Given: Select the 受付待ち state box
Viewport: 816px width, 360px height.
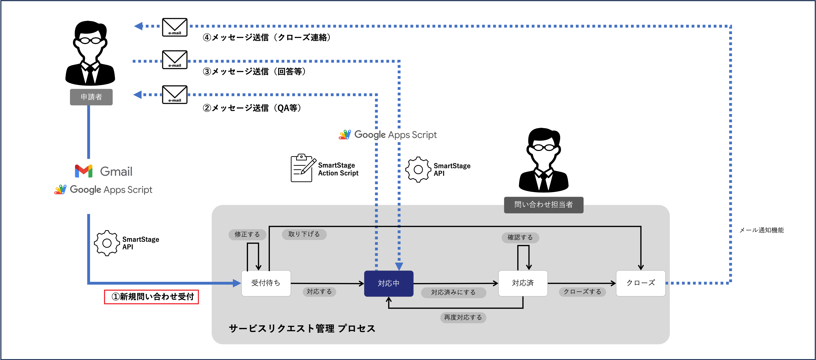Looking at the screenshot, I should pos(266,283).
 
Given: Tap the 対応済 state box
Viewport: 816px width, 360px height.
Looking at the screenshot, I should pos(523,283).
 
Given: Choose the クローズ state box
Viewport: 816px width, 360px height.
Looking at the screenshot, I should pos(641,283).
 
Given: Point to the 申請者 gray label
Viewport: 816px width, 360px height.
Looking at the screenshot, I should pos(91,97).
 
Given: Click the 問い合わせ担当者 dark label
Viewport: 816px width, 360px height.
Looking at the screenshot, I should pos(543,204).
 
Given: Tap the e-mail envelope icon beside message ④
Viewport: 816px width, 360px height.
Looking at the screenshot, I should pos(175,27).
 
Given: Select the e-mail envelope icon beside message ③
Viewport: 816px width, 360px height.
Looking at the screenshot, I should pos(175,60).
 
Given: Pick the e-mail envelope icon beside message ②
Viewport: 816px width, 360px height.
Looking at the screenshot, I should pos(175,94).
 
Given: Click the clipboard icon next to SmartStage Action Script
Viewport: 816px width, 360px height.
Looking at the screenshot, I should pos(303,168).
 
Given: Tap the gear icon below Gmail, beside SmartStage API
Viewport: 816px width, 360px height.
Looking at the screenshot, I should pos(107,243).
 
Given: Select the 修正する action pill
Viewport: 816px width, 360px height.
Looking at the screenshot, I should pos(247,234).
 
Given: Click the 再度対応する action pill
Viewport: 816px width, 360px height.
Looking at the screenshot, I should pos(463,317).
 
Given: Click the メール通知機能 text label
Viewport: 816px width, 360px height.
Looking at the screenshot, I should pos(761,230).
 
